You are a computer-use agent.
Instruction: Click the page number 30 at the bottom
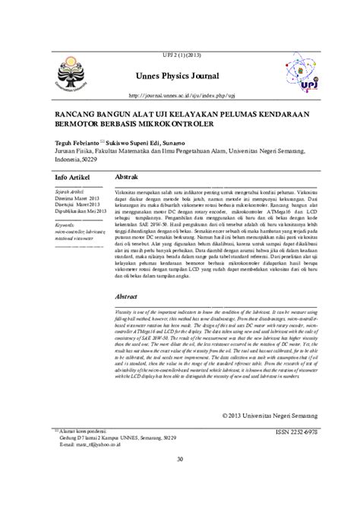[180, 458]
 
